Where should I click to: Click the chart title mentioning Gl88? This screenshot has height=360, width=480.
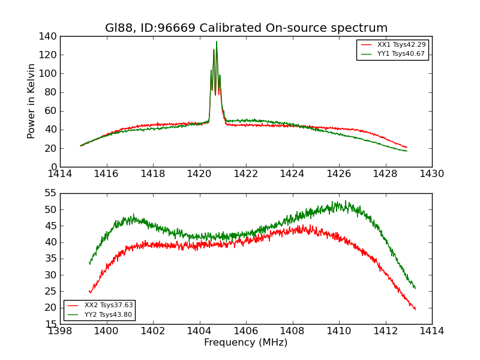click(246, 28)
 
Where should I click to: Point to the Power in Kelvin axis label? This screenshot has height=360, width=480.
click(31, 101)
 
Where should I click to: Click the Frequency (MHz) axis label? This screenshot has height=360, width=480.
click(246, 343)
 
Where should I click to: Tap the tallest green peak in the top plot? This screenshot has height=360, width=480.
click(217, 41)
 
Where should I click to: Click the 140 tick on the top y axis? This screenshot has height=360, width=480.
click(50, 37)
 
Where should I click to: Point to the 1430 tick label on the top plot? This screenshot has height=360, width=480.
click(431, 174)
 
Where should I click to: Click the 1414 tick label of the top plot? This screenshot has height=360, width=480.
click(61, 174)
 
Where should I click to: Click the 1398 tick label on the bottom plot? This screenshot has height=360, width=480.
click(61, 331)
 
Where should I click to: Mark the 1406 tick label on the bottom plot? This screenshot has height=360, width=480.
click(246, 331)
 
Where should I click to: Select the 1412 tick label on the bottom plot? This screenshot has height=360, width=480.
click(385, 331)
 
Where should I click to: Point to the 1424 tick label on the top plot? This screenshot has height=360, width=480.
click(292, 174)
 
